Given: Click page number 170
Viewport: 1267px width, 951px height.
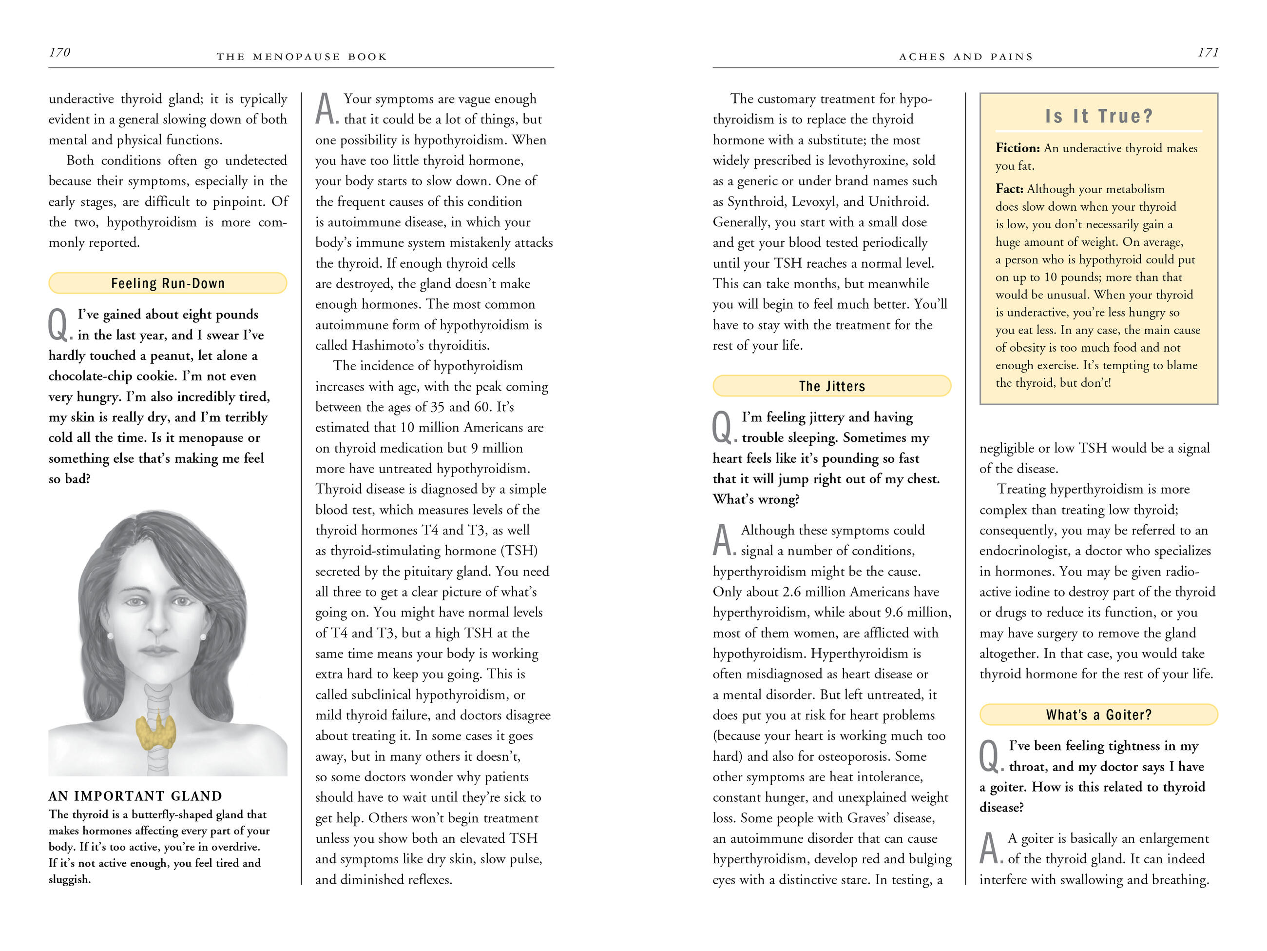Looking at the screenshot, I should pos(59,53).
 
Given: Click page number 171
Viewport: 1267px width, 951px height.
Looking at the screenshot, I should pos(1208,53).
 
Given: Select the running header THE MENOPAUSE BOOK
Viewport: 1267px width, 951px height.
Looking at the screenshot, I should pos(301,57).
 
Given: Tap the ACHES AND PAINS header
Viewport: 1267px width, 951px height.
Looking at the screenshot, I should pos(966,57).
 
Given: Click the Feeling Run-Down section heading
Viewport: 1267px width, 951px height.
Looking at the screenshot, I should pos(168,283).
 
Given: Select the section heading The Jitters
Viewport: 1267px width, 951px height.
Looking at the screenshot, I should pos(832,386).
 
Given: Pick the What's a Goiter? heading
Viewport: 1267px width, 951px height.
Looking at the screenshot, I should pos(1098,715).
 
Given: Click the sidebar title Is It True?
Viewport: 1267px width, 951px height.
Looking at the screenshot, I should pos(1098,117).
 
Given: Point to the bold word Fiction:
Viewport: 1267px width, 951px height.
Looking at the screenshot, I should pos(1017,148).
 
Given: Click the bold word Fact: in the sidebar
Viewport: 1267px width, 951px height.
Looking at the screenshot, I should pos(1009,189).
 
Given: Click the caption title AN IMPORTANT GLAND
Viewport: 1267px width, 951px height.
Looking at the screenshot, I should pos(135,796).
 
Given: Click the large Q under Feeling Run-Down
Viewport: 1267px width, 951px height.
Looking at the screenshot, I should pos(59,325).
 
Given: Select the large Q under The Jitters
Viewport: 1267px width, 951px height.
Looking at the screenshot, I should pos(723,428).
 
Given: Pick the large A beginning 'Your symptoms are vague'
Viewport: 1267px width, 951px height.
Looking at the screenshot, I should pos(326,108).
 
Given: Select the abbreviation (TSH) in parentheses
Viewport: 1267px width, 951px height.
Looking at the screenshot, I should pos(519,551).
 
